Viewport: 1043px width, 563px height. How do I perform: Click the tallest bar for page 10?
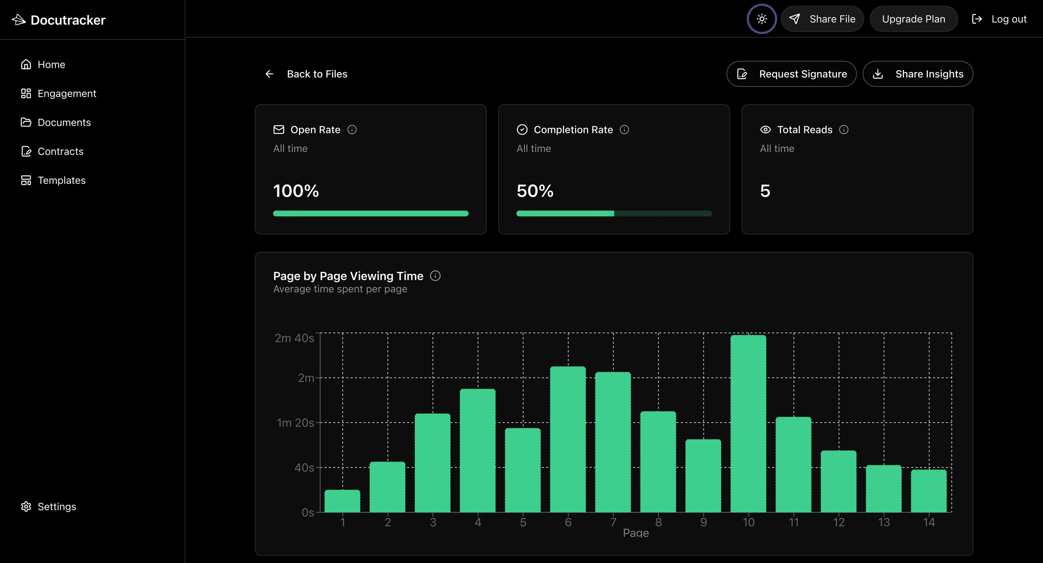pyautogui.click(x=748, y=424)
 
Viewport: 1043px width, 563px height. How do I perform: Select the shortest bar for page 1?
pyautogui.click(x=342, y=501)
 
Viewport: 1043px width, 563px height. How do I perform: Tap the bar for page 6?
pyautogui.click(x=568, y=440)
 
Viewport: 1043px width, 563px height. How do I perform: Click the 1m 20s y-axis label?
pyautogui.click(x=295, y=423)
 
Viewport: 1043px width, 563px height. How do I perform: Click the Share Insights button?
pyautogui.click(x=918, y=74)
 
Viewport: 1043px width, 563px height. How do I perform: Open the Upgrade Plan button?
pyautogui.click(x=913, y=19)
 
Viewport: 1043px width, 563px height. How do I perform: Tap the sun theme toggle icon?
pyautogui.click(x=762, y=19)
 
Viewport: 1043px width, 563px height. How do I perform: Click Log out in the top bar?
pyautogui.click(x=999, y=19)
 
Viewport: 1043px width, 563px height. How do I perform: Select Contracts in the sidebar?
pyautogui.click(x=60, y=151)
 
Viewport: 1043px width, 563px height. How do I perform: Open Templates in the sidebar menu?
pyautogui.click(x=62, y=180)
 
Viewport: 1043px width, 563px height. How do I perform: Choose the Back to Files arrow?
pyautogui.click(x=269, y=74)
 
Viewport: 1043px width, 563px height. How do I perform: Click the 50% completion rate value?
pyautogui.click(x=535, y=191)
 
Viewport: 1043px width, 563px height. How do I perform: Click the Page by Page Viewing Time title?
pyautogui.click(x=348, y=276)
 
